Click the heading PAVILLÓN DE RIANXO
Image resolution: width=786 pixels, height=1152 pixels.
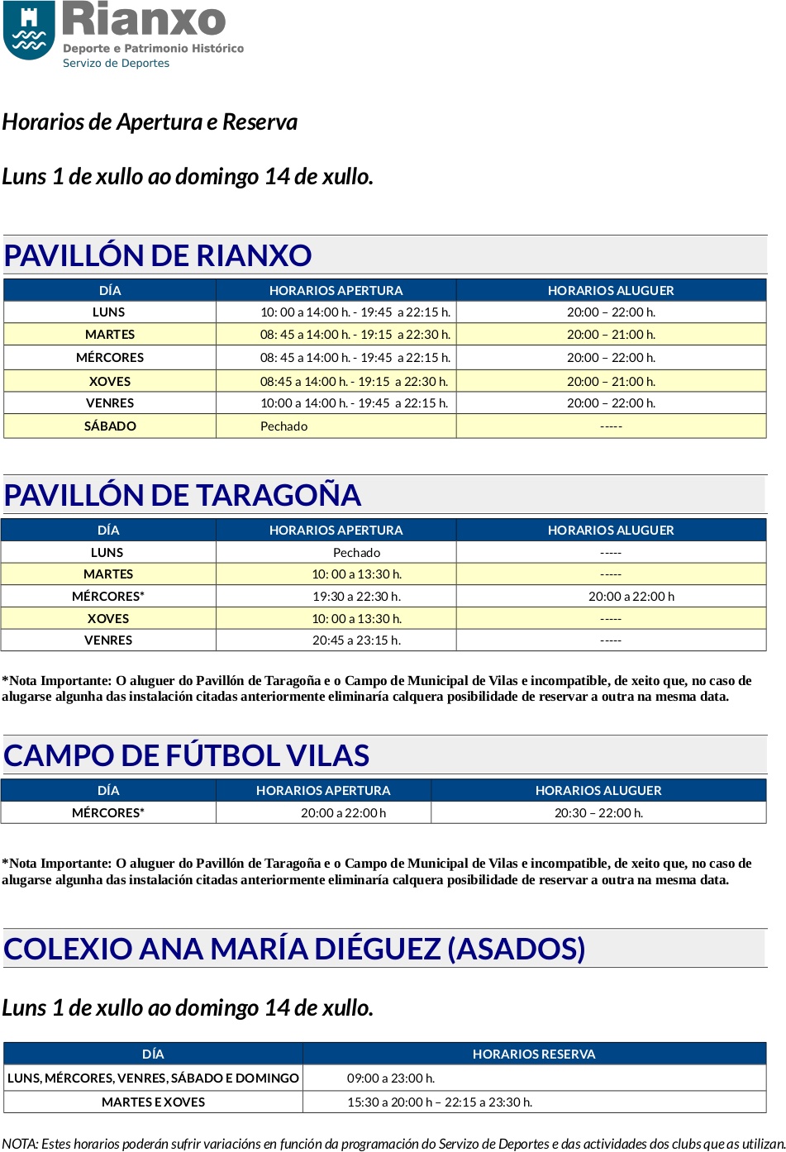[x=157, y=255]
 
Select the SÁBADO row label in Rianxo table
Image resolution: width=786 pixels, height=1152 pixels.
[x=110, y=426]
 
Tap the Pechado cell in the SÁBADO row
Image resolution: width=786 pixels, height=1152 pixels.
[x=283, y=426]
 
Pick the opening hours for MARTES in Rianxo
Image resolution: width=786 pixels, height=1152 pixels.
[x=355, y=335]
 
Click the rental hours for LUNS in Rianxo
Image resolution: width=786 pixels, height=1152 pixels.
[x=611, y=312]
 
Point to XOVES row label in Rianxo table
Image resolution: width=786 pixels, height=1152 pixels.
[x=110, y=382]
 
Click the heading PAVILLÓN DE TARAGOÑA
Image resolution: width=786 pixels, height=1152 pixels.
[x=182, y=495]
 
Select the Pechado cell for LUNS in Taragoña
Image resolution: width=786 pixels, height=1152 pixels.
[x=356, y=553]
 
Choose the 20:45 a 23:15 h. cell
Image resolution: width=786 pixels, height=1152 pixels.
[x=356, y=640]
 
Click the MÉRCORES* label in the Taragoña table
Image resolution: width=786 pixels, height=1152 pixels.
[x=108, y=597]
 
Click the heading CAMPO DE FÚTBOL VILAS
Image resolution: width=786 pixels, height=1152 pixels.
[x=186, y=755]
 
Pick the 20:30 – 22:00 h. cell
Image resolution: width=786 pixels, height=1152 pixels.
[x=598, y=813]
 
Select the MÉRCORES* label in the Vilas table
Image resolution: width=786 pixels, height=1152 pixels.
[x=108, y=813]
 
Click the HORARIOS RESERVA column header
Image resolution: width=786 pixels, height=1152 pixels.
[x=534, y=1054]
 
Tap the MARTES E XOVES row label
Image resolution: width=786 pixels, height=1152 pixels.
[x=153, y=1102]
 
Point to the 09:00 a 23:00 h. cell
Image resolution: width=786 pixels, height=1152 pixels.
[x=391, y=1078]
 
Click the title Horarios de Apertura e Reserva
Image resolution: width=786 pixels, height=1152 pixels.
[x=150, y=122]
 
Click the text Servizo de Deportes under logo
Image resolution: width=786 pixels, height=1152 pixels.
[x=116, y=64]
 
